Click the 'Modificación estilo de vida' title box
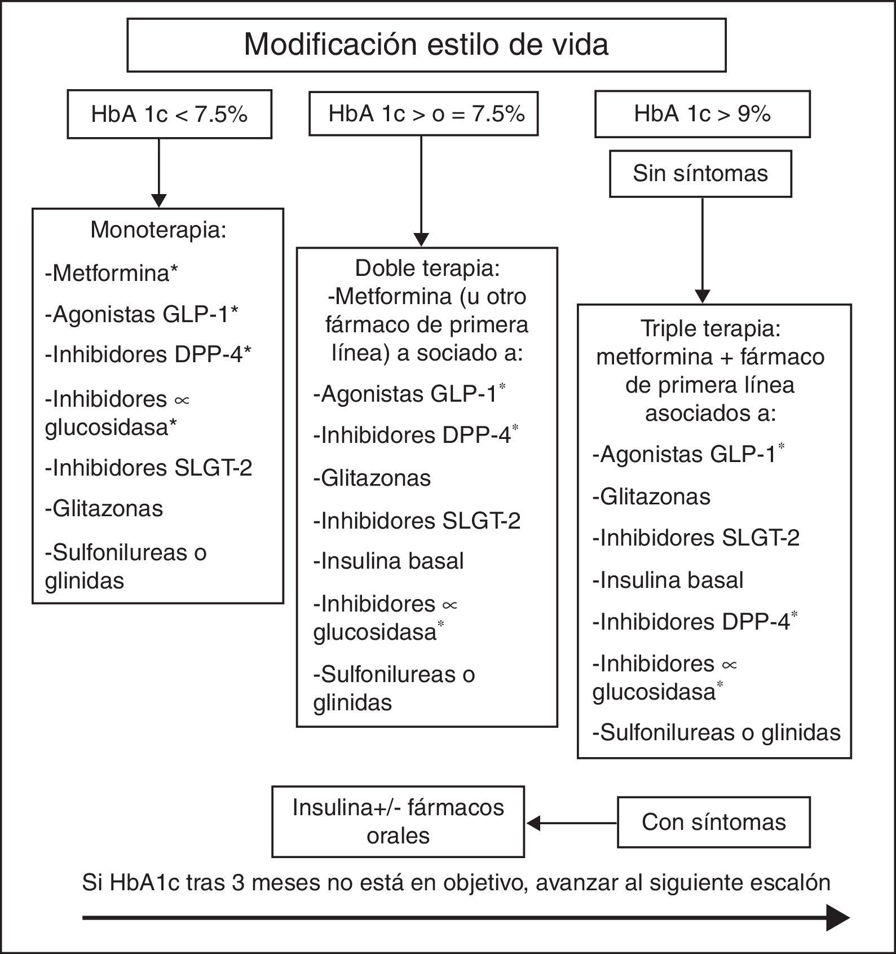pyautogui.click(x=426, y=45)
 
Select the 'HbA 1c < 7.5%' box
pyautogui.click(x=169, y=115)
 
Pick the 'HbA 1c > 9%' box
pyautogui.click(x=702, y=114)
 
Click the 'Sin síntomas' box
pyautogui.click(x=700, y=173)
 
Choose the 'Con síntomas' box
pyautogui.click(x=713, y=822)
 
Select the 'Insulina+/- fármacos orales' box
pyautogui.click(x=398, y=821)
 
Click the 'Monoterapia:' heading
pyautogui.click(x=158, y=230)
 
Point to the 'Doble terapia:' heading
pyautogui.click(x=427, y=269)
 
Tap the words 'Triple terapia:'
pyautogui.click(x=710, y=328)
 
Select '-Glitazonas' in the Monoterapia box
pyautogui.click(x=104, y=509)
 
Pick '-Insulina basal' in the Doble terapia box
pyautogui.click(x=389, y=561)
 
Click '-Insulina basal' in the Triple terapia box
pyautogui.click(x=668, y=581)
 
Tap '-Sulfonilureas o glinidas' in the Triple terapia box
pyautogui.click(x=716, y=733)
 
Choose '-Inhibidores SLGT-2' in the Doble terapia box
pyautogui.click(x=417, y=521)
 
